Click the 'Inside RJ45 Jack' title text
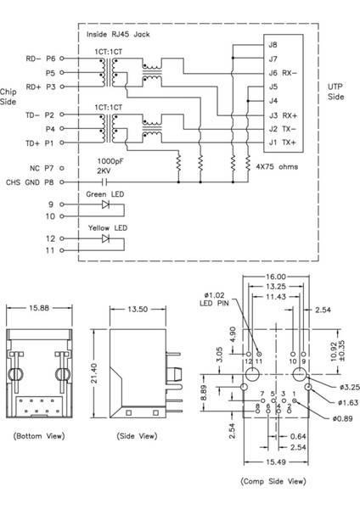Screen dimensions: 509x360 (118, 35)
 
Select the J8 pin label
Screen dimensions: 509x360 (272, 44)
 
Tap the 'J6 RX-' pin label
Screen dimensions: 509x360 (281, 72)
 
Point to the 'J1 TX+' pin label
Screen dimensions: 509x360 (282, 143)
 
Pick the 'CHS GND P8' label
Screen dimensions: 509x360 (29, 181)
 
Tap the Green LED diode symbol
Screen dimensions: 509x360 (106, 204)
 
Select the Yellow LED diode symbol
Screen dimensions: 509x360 (106, 239)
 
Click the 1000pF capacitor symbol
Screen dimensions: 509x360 (104, 181)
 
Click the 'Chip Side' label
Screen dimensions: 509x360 (9, 96)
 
